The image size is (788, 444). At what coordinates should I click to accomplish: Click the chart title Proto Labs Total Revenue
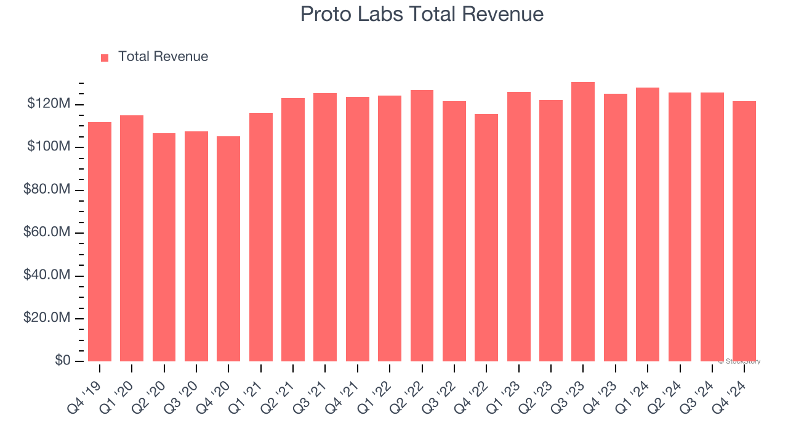(422, 14)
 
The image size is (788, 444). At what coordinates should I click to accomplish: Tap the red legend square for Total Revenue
(105, 57)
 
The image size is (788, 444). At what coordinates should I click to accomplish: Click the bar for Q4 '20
(228, 249)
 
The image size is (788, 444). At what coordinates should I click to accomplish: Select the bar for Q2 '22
(422, 226)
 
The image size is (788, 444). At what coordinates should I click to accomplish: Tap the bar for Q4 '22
(486, 237)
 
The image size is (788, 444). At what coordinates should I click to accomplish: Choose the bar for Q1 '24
(648, 224)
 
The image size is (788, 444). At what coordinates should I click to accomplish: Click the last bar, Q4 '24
(744, 231)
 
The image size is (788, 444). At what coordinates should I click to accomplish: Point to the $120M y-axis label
(48, 104)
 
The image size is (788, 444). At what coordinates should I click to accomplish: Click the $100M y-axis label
(48, 147)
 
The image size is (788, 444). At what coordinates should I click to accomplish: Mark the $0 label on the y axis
(62, 361)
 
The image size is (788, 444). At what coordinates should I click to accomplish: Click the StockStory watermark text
(739, 361)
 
